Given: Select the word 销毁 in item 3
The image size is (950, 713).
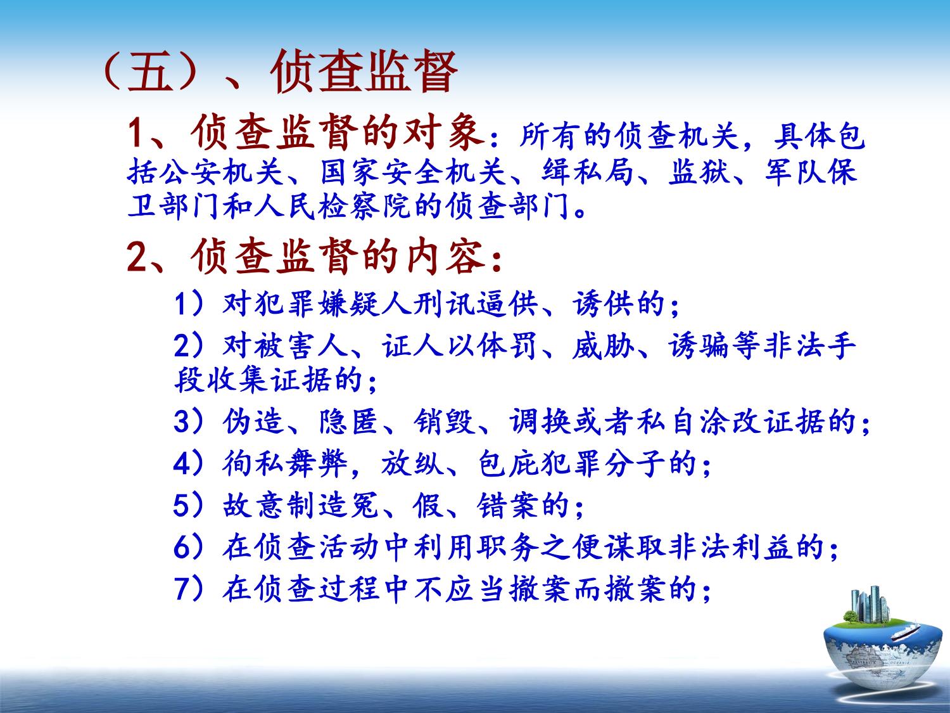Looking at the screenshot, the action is pos(444,421).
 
